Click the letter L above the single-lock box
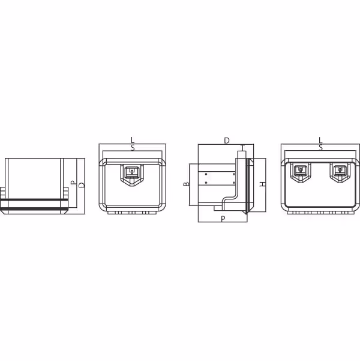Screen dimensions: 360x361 point(132,140)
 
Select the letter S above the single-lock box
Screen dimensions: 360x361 point(133,148)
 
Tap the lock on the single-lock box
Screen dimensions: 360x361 point(131,175)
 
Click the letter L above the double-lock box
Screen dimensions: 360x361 point(320,140)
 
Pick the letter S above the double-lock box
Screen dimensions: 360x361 point(320,148)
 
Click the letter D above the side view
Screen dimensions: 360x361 point(227,141)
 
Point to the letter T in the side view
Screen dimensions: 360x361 point(242,147)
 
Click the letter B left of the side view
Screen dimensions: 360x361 point(186,184)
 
